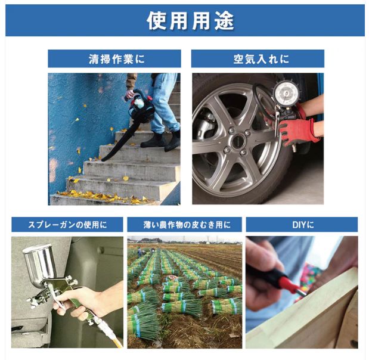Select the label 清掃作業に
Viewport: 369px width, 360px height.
pyautogui.click(x=114, y=59)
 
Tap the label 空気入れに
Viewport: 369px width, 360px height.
pyautogui.click(x=257, y=59)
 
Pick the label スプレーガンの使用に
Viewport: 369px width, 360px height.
pyautogui.click(x=67, y=225)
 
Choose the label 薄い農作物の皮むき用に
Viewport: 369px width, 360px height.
pyautogui.click(x=184, y=225)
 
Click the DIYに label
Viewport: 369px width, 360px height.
pyautogui.click(x=302, y=225)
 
